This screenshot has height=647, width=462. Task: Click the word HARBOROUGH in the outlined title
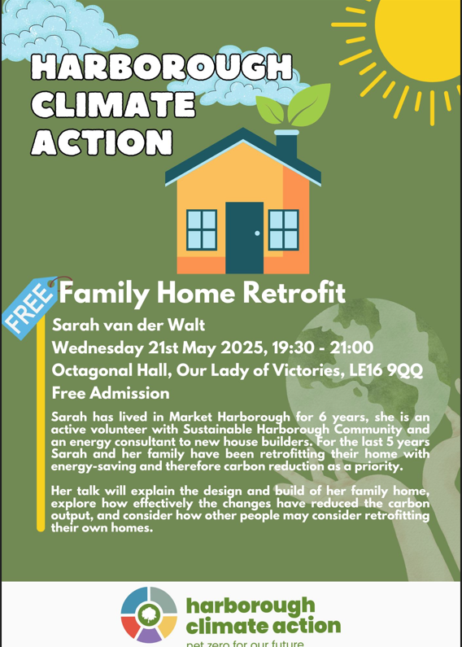(162, 67)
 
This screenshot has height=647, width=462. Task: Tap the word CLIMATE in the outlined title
(112, 104)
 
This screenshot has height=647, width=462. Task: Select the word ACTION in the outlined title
(102, 142)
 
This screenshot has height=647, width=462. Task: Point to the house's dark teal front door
(244, 238)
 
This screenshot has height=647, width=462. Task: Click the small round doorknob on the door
(257, 234)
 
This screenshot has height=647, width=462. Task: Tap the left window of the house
(202, 230)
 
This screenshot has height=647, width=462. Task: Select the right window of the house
(283, 230)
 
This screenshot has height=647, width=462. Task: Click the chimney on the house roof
(286, 145)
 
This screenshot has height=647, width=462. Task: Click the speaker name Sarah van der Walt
(129, 326)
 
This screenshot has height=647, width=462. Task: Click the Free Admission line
(111, 393)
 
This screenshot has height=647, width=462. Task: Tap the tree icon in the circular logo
(149, 614)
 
